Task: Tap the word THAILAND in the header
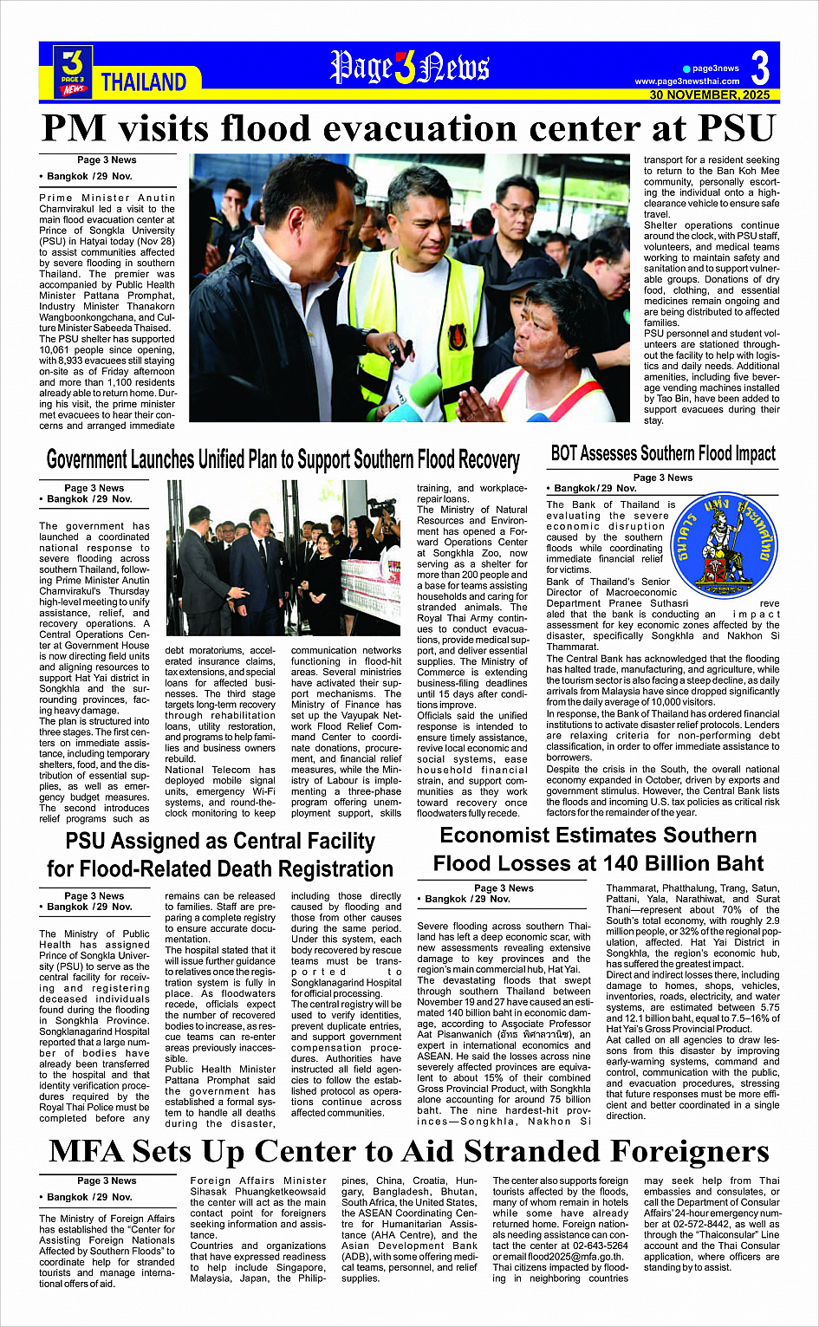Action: tap(144, 82)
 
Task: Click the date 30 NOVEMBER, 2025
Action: tap(710, 94)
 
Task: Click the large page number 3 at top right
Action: tap(760, 68)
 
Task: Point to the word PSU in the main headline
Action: tap(731, 129)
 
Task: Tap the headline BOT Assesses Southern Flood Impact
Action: tap(663, 453)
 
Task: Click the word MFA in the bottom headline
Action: tap(88, 1151)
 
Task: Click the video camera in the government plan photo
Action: tap(381, 504)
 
